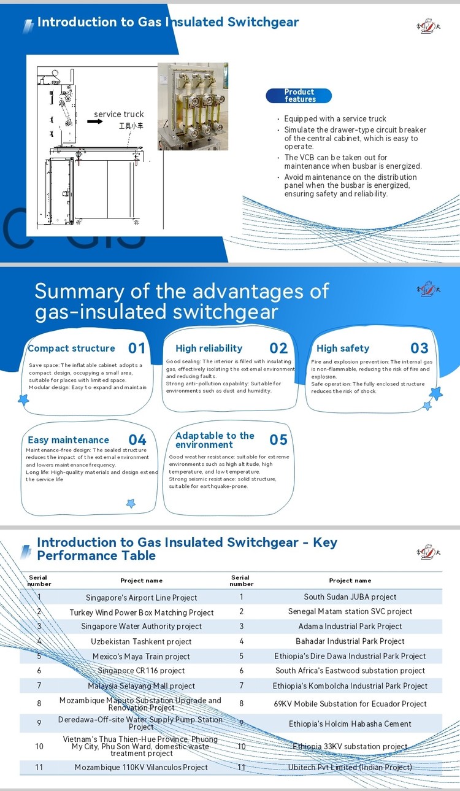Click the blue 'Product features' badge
299,96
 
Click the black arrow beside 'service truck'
94,122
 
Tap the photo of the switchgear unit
193,106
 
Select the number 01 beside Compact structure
137,349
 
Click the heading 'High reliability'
209,349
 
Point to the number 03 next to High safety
420,349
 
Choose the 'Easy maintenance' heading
68,440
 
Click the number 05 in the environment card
278,440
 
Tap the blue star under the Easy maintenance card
130,503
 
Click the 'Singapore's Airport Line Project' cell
142,598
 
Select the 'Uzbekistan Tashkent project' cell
142,642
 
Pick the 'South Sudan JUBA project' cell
350,597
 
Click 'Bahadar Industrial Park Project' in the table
350,641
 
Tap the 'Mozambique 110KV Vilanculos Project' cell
142,768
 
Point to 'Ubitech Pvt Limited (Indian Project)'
350,768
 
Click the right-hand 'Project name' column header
350,581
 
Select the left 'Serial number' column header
39,581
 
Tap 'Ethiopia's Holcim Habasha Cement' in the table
350,724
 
